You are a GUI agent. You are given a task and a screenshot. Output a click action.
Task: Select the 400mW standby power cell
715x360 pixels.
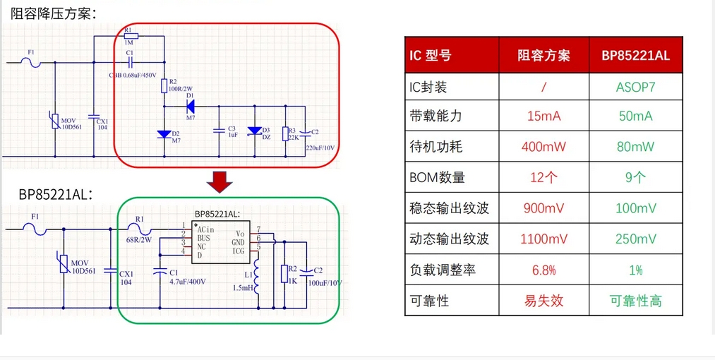click(543, 147)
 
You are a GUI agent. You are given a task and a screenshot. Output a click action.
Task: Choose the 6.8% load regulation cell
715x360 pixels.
click(543, 270)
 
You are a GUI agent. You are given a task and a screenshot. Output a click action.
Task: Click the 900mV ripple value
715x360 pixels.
click(543, 208)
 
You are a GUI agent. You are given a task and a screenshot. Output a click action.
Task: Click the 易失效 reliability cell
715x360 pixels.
click(543, 301)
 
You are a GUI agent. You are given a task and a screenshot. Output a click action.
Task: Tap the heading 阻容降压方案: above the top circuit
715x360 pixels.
click(54, 13)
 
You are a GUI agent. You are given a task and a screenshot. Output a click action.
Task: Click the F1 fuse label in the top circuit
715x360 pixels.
click(30, 52)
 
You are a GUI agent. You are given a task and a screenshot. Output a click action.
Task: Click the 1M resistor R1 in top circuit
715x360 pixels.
click(131, 36)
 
